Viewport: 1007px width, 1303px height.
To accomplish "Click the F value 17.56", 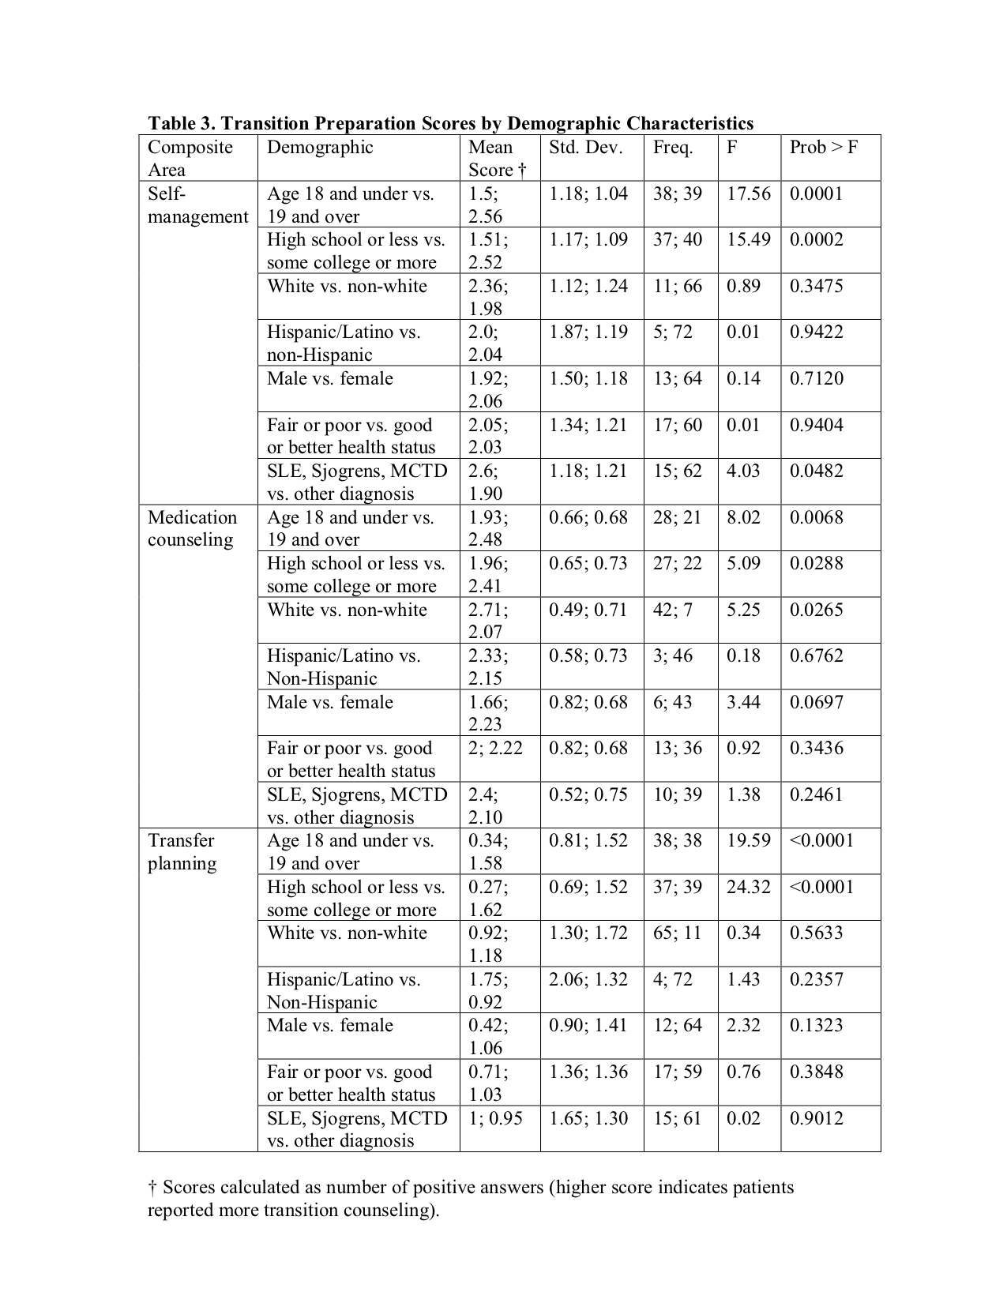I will click(748, 194).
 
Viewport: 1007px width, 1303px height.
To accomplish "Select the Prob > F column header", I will click(823, 148).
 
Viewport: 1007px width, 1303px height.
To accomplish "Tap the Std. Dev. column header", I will click(585, 148).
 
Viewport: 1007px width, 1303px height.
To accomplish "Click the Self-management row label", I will click(197, 205).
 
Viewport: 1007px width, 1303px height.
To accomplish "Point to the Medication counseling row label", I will click(192, 528).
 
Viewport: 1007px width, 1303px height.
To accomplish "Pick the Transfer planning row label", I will click(182, 852).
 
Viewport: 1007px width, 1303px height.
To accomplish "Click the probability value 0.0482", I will click(816, 471).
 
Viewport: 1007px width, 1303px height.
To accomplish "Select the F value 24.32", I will click(748, 887).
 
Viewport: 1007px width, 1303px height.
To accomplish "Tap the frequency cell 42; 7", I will click(672, 610).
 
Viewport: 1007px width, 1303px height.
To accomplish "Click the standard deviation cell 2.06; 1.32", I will click(588, 979).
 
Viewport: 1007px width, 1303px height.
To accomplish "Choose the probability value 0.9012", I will click(816, 1118).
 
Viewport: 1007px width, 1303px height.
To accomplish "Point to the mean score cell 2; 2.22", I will click(495, 748).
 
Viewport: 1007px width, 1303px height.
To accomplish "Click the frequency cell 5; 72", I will click(672, 332).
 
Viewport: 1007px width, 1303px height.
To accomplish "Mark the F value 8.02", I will click(743, 517).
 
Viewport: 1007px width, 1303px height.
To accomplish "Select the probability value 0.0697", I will click(816, 702).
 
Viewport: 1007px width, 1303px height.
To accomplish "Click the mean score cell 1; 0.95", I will click(495, 1118).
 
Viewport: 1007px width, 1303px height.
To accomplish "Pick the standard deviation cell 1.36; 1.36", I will click(588, 1072).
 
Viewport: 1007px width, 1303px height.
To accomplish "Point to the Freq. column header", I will click(672, 148).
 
